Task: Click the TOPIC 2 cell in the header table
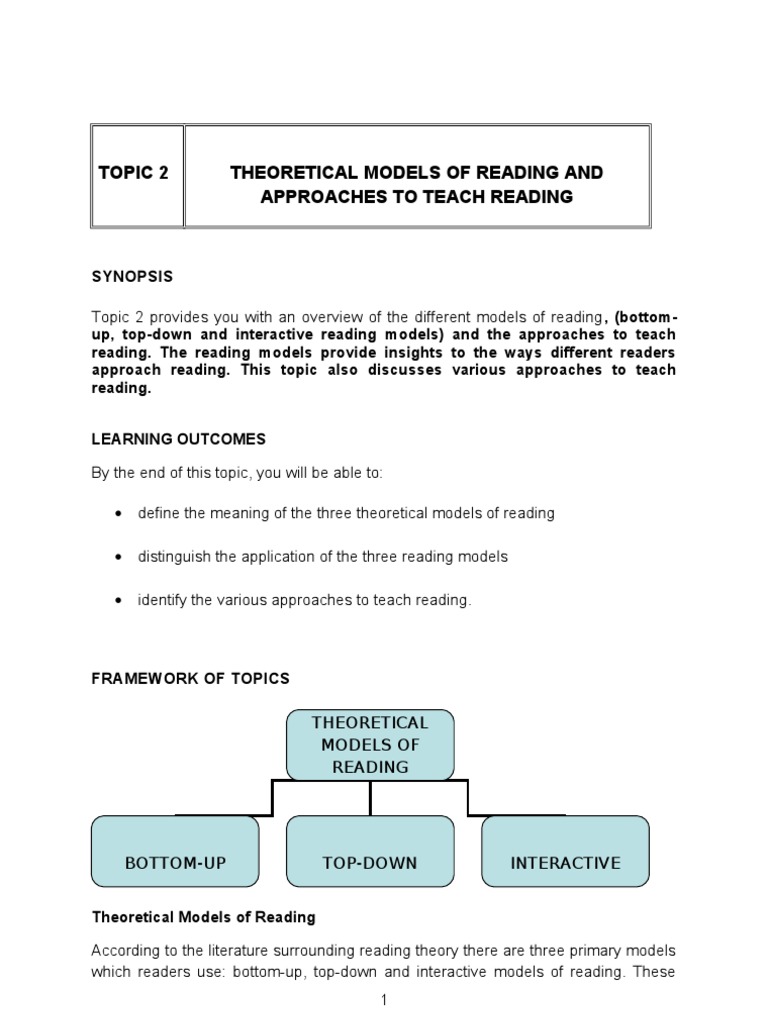[134, 173]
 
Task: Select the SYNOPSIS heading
[132, 276]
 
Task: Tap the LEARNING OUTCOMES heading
[179, 439]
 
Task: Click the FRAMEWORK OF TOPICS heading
[191, 678]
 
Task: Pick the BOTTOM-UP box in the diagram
[175, 852]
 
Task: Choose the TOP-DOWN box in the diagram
[370, 852]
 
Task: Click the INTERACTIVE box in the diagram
[565, 852]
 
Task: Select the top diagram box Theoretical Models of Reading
[370, 745]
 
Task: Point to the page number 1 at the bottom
[383, 1000]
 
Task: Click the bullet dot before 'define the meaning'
[119, 513]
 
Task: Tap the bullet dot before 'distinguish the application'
[119, 557]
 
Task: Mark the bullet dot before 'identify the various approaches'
[119, 601]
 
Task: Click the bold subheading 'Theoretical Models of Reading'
[204, 917]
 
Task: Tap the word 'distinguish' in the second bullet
[173, 556]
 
